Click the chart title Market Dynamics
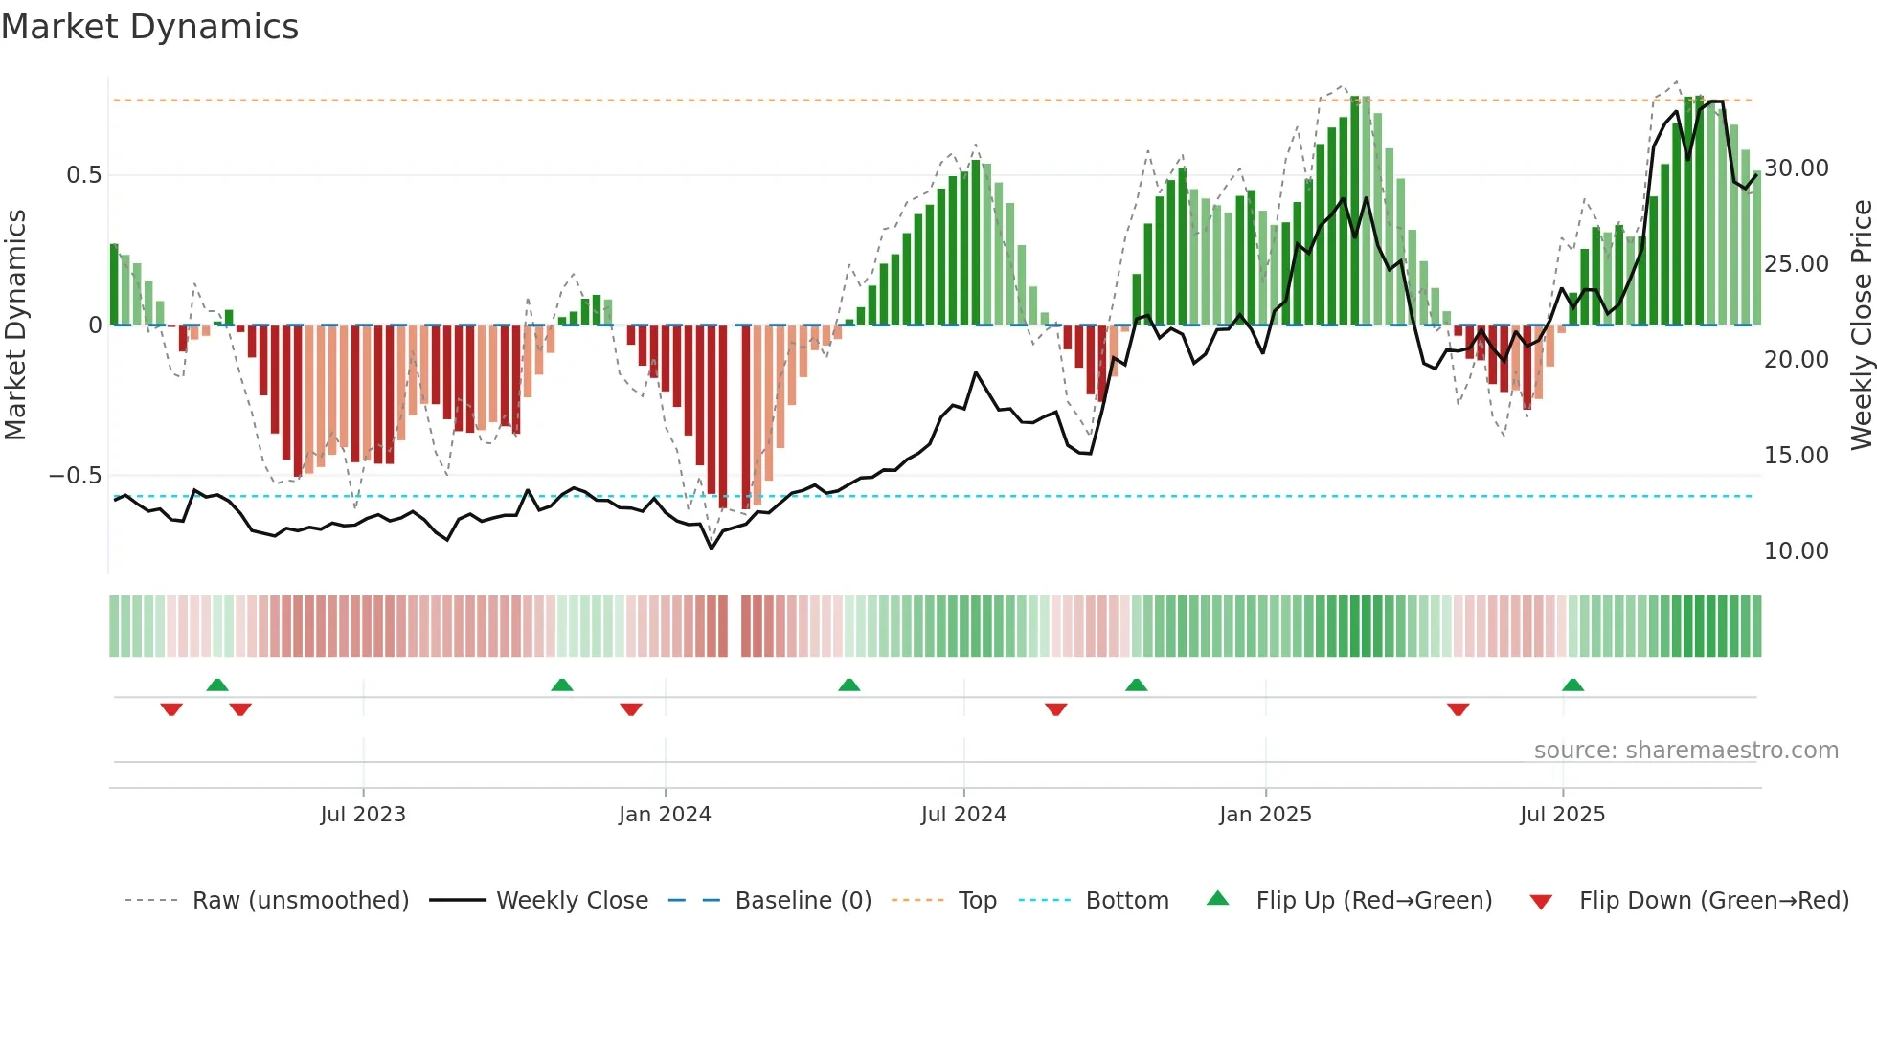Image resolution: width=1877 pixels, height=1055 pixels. click(x=149, y=27)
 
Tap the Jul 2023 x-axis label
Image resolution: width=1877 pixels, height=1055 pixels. click(x=363, y=815)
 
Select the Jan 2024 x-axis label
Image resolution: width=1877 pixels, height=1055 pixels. click(x=665, y=815)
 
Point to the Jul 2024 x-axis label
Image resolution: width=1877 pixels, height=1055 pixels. click(x=963, y=815)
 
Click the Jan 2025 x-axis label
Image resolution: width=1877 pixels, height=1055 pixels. click(x=1265, y=815)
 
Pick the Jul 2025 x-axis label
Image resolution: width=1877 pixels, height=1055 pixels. click(x=1562, y=815)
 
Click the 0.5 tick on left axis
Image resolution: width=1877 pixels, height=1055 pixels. click(x=83, y=175)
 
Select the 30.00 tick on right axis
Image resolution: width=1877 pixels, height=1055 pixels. click(x=1797, y=168)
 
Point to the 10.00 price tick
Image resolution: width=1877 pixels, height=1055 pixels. click(x=1797, y=551)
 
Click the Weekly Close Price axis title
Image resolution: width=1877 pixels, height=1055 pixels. click(x=1861, y=325)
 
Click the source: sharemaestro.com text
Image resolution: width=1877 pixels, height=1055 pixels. click(x=1685, y=751)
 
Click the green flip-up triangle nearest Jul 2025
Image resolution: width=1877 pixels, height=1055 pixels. click(x=1572, y=685)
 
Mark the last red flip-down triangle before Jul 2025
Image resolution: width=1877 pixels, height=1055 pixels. click(x=1458, y=709)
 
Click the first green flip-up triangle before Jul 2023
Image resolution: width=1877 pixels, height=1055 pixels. click(x=217, y=685)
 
